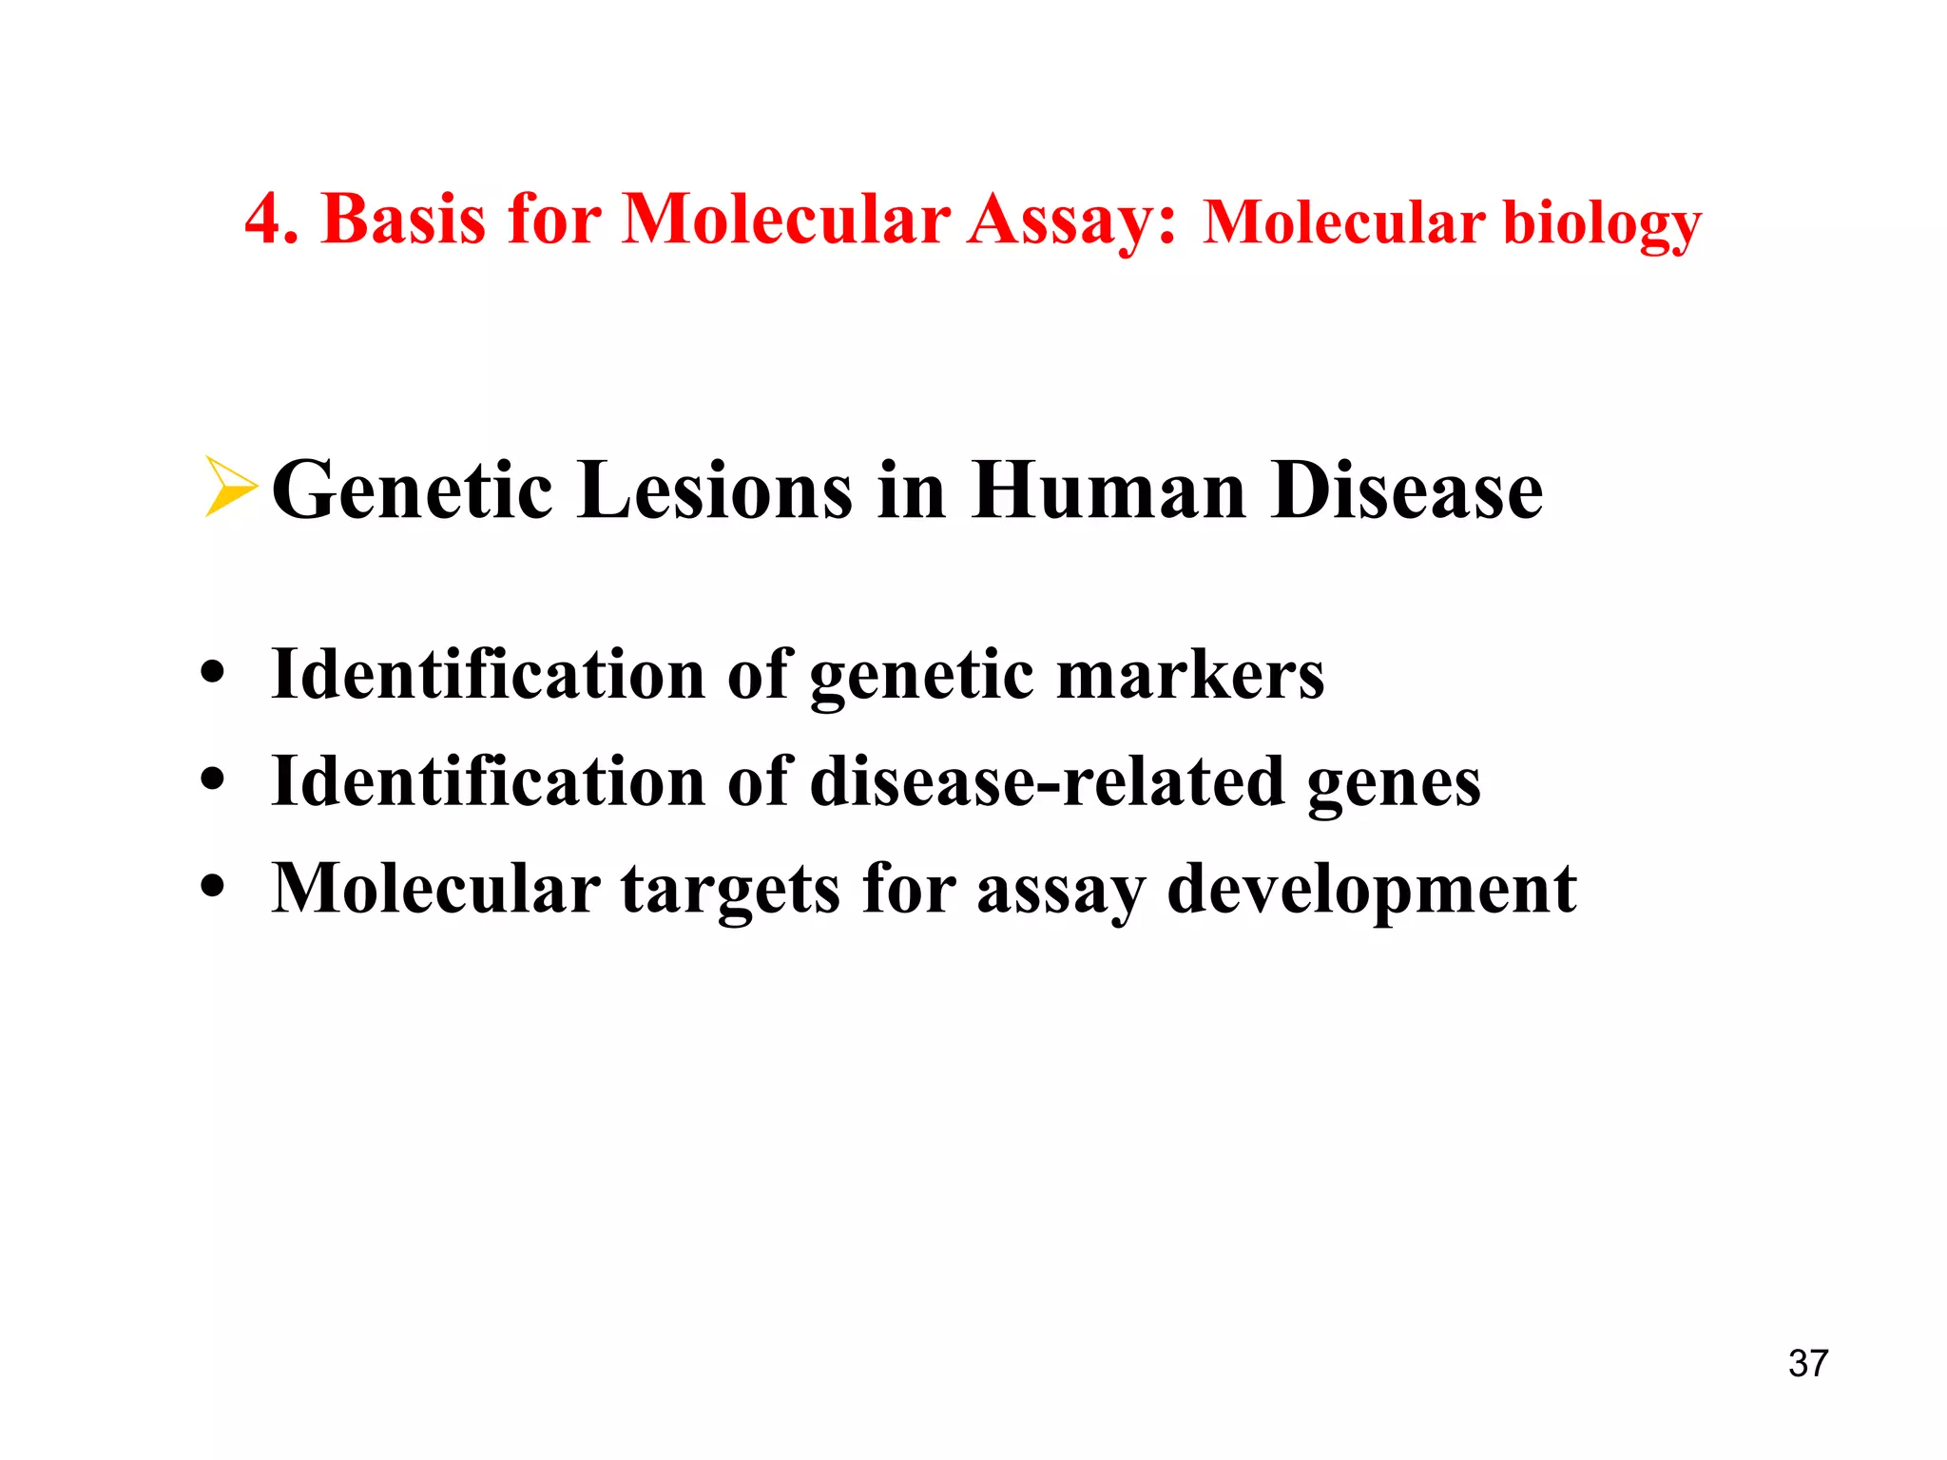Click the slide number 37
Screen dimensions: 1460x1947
pos(1807,1363)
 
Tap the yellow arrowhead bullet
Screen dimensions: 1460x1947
pos(230,488)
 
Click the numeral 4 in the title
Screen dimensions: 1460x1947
pos(263,220)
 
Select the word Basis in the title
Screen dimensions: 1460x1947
pos(404,220)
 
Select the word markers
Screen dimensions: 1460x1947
pos(1190,675)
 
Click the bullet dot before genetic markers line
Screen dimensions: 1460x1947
pos(213,674)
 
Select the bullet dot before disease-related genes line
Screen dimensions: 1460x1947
pos(213,780)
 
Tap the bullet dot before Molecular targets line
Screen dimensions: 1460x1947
pos(213,887)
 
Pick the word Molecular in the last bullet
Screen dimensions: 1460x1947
pos(435,888)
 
